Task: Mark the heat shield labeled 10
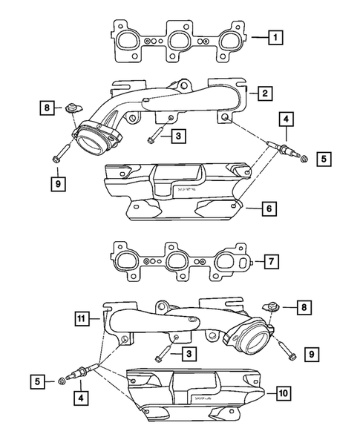[197, 395]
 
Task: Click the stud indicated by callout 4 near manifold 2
[283, 151]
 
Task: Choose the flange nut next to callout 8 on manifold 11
[271, 306]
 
